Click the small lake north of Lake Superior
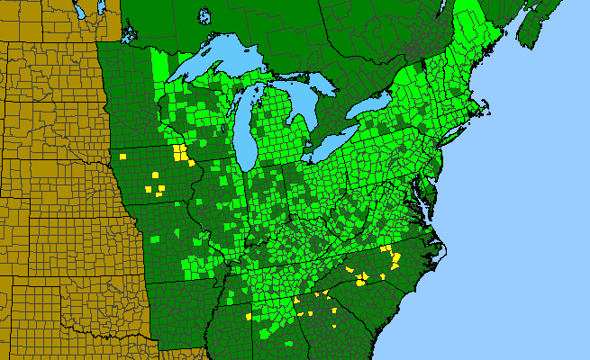[x=204, y=15]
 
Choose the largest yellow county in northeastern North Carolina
[x=395, y=262]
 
